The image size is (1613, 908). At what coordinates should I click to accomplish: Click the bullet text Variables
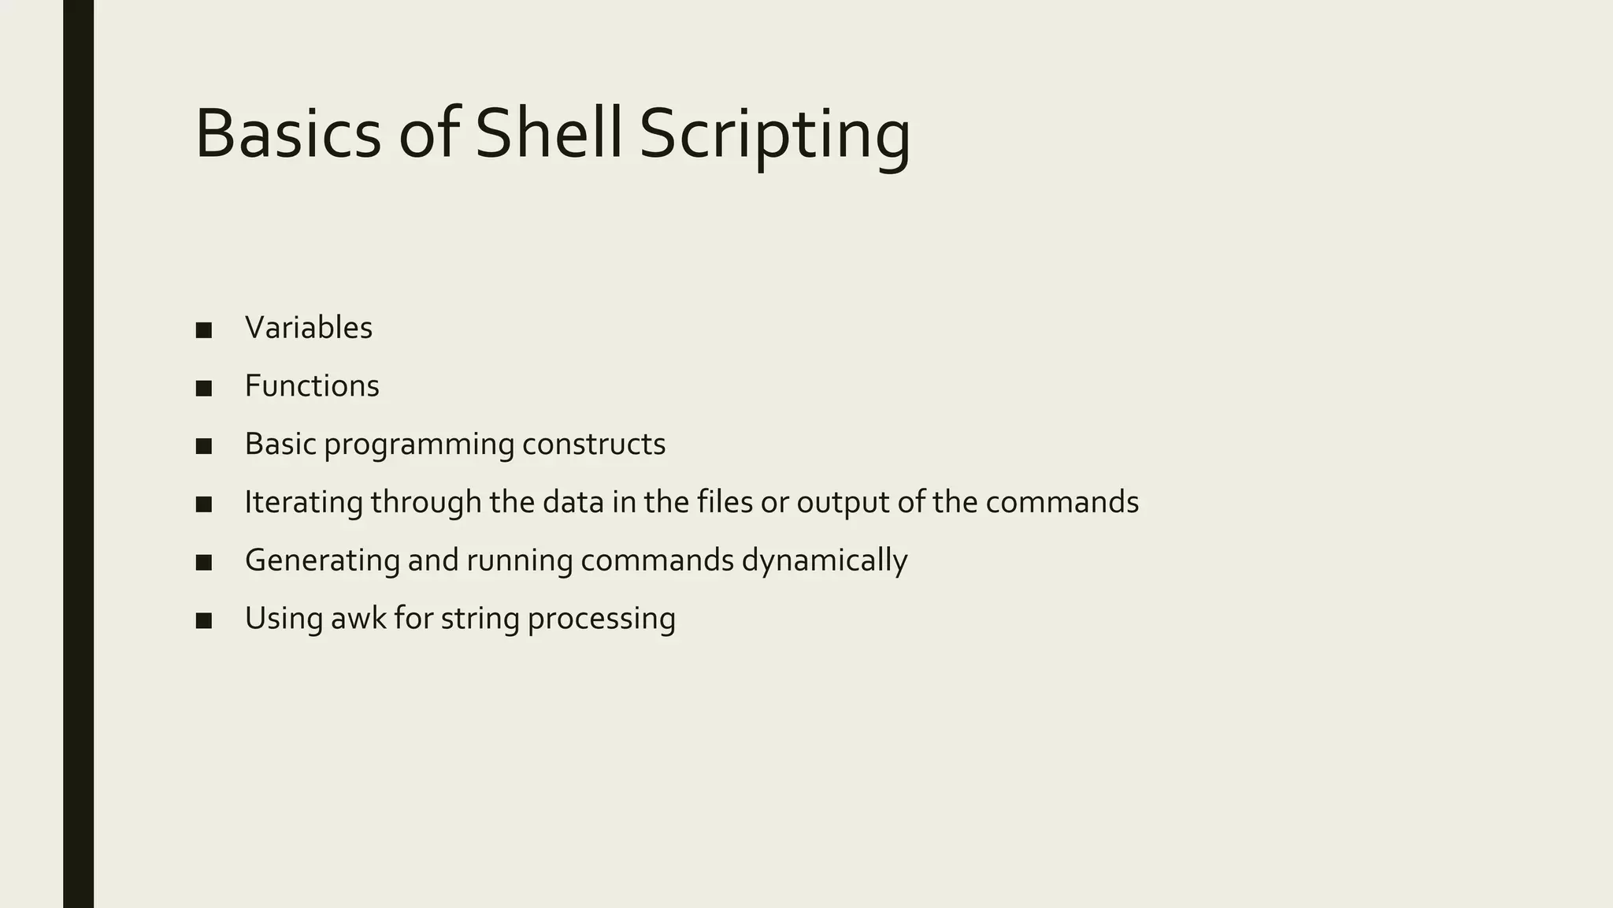coord(308,328)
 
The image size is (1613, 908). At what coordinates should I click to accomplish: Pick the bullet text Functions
coord(312,386)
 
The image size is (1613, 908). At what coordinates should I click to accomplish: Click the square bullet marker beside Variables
coord(204,330)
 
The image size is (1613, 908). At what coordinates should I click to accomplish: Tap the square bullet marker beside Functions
coord(204,389)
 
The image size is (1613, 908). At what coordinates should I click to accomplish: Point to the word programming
coord(419,445)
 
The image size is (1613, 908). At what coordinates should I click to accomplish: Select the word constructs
coord(594,445)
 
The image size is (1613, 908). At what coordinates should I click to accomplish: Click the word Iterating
coord(303,503)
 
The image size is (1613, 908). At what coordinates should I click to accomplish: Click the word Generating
coord(322,561)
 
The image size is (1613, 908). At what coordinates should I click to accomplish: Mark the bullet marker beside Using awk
coord(204,621)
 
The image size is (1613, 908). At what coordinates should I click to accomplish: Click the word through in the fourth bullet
coord(425,503)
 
